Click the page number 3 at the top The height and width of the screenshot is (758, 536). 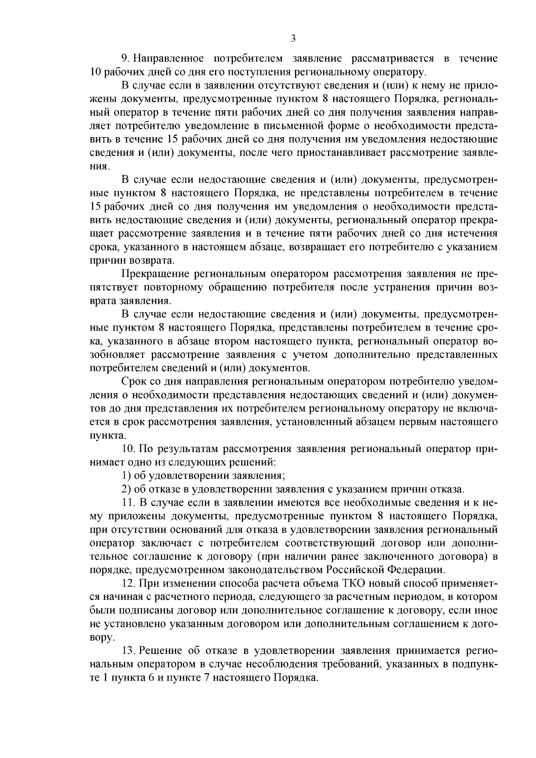tap(293, 38)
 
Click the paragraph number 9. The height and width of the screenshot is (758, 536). tap(125, 59)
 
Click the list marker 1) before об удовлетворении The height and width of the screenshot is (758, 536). tap(126, 476)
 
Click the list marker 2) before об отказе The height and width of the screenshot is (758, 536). tap(126, 489)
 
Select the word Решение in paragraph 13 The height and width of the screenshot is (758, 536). tap(163, 651)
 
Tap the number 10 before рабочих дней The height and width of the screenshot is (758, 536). tap(96, 72)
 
